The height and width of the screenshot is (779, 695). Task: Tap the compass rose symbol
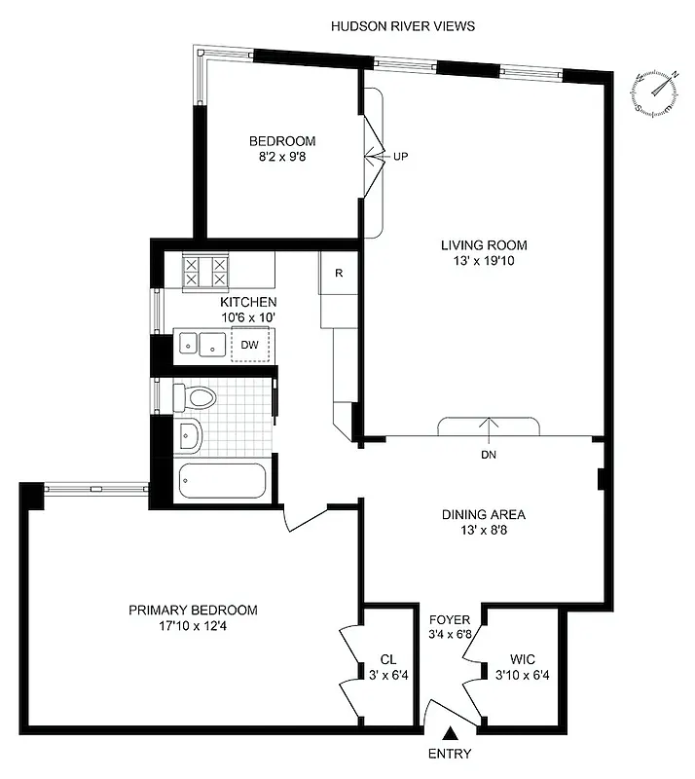click(x=655, y=94)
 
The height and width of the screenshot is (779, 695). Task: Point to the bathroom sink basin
click(x=189, y=437)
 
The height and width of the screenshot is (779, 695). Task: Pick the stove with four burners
click(x=206, y=271)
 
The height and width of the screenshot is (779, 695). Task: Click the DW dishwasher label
click(x=250, y=345)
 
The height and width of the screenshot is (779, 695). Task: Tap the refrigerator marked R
click(x=338, y=273)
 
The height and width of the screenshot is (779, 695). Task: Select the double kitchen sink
click(x=201, y=344)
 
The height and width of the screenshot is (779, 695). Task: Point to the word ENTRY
click(x=449, y=754)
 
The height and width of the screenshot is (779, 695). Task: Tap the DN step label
click(x=488, y=455)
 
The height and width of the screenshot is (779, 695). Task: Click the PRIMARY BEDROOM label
click(x=193, y=610)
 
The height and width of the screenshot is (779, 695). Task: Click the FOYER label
click(x=450, y=619)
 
